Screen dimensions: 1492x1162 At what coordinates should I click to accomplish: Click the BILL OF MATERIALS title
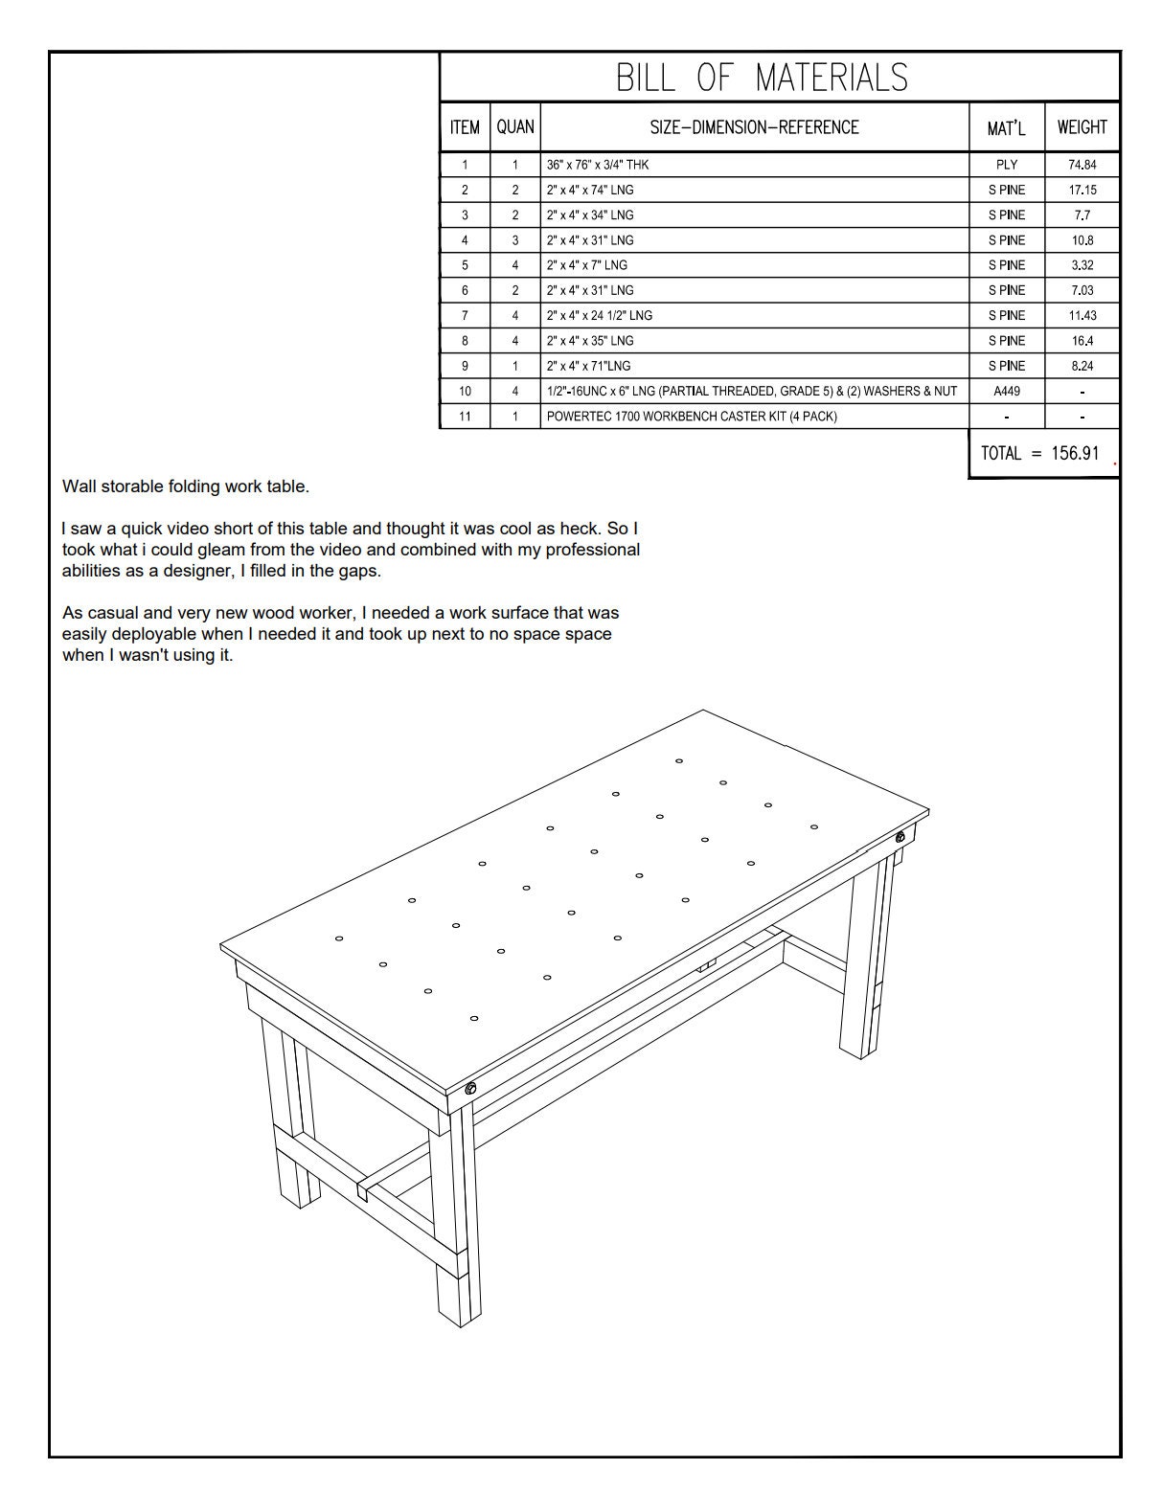tap(762, 78)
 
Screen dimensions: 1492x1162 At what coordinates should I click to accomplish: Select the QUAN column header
tap(514, 127)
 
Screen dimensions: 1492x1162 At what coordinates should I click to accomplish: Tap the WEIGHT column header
tap(1082, 127)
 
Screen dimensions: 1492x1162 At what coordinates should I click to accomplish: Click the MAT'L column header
tap(1006, 127)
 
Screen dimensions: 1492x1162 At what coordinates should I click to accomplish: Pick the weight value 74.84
tap(1082, 165)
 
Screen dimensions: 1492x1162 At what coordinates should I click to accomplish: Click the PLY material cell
tap(1006, 165)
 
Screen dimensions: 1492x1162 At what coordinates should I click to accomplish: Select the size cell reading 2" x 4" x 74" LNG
tap(590, 190)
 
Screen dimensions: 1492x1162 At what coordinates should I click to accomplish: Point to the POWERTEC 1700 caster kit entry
tap(691, 417)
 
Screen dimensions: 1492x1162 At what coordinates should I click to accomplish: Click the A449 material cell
tap(1006, 391)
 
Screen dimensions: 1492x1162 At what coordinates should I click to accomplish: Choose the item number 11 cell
tap(465, 417)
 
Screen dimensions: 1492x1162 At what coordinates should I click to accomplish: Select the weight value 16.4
tap(1082, 340)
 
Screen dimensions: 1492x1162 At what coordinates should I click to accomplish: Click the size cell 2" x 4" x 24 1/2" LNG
tap(600, 315)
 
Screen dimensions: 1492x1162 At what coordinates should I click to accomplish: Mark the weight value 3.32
tap(1082, 265)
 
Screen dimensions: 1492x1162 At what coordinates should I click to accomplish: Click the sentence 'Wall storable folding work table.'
tap(186, 486)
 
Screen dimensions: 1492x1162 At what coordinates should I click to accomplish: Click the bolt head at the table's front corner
tap(471, 1089)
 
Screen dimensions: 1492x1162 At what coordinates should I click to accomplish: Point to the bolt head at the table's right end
tap(900, 838)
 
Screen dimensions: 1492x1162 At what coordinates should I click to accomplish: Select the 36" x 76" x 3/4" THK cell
tap(598, 165)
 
